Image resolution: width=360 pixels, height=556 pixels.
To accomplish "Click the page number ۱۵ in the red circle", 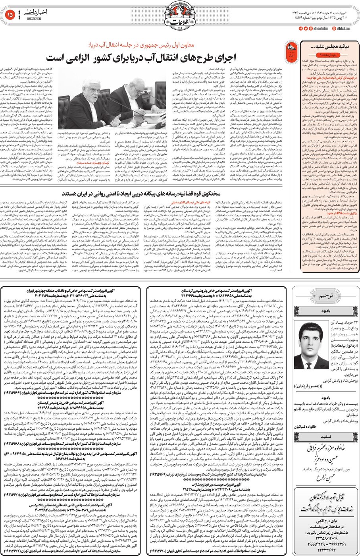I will tap(10, 15).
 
